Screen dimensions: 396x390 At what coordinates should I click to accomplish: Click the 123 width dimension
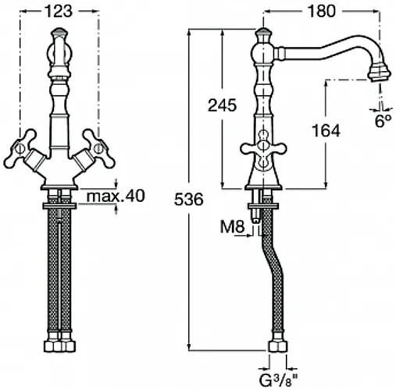[59, 12]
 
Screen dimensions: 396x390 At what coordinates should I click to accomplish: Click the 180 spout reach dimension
[322, 12]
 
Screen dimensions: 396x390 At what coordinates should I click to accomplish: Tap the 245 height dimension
[222, 105]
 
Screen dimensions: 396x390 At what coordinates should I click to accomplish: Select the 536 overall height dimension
[188, 200]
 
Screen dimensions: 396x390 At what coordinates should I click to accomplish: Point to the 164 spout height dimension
[326, 131]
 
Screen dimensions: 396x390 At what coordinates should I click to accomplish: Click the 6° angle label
[384, 121]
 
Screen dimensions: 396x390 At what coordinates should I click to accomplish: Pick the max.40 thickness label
[116, 196]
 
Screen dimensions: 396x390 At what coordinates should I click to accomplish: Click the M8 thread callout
[232, 227]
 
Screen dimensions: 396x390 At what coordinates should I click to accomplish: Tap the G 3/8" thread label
[279, 381]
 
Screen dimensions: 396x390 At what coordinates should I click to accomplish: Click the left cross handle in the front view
[20, 148]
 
